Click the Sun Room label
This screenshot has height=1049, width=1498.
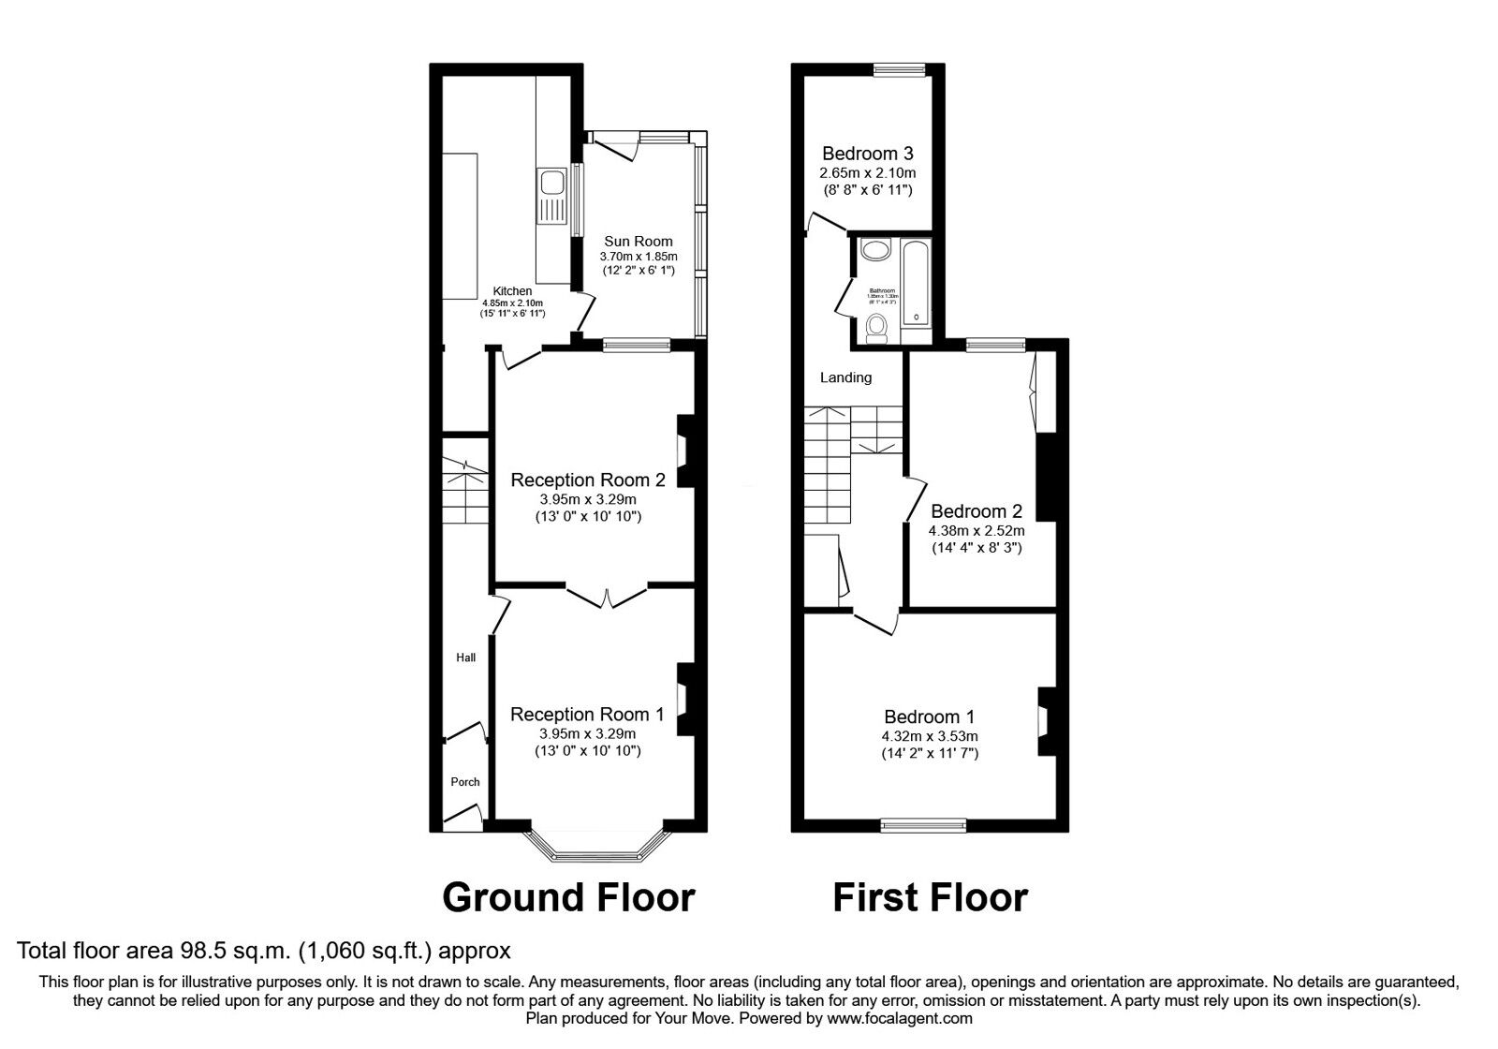(x=638, y=241)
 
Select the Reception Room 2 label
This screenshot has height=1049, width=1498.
(x=587, y=480)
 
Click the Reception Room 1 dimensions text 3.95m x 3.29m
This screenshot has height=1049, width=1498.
(x=587, y=733)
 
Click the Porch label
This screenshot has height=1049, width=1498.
(x=464, y=782)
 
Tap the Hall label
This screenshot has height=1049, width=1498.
(x=465, y=657)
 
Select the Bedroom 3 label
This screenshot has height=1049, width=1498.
(x=867, y=154)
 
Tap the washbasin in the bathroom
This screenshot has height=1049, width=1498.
(x=876, y=250)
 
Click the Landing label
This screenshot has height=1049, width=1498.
(x=845, y=377)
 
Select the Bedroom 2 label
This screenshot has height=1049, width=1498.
(x=976, y=511)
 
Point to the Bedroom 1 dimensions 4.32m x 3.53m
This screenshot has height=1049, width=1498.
(x=930, y=736)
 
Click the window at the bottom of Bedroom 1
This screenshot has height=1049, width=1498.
(x=923, y=824)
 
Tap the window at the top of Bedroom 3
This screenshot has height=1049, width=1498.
(x=899, y=68)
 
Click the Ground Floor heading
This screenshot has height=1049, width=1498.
(x=568, y=897)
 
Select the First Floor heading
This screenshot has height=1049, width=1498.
(x=930, y=897)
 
